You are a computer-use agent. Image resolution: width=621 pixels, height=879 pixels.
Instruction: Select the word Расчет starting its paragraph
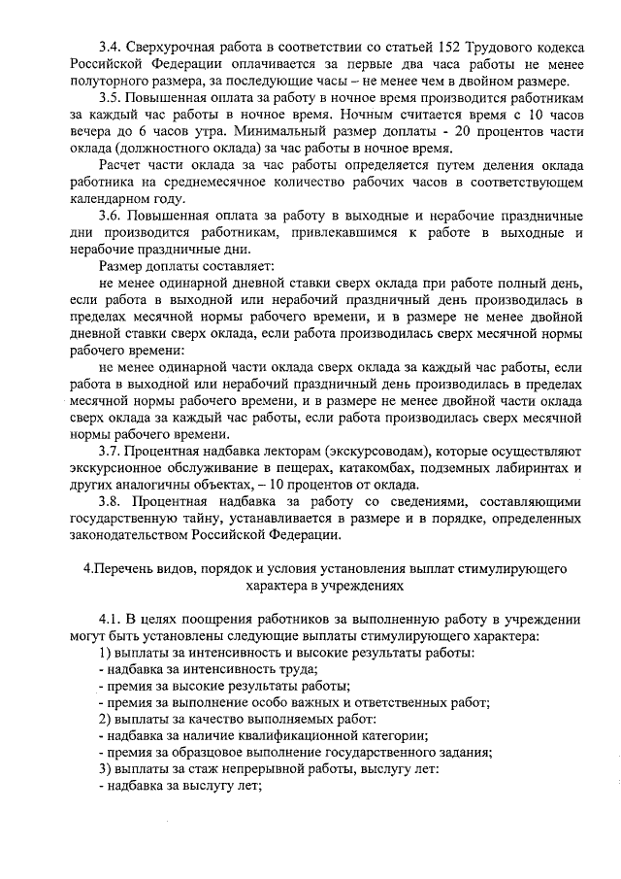(122, 167)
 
